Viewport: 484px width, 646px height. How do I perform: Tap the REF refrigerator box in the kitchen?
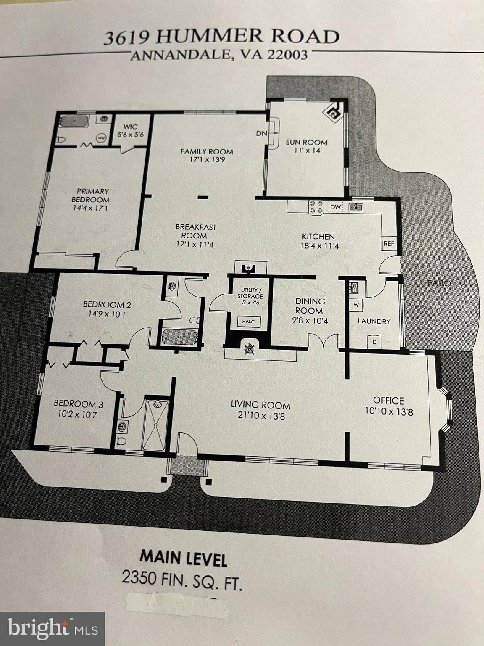pos(389,244)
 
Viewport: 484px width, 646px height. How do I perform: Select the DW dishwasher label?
pos(335,207)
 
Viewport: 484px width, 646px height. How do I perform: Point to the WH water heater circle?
pos(101,137)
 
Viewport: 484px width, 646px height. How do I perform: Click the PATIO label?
pos(439,283)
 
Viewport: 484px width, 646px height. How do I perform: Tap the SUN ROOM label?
pos(306,142)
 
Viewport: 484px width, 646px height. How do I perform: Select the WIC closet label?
pos(130,127)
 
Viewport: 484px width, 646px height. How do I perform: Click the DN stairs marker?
pos(261,133)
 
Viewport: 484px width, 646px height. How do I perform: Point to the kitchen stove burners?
pos(316,207)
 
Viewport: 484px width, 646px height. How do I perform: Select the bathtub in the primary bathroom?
pos(74,122)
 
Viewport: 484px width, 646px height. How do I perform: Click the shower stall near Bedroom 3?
pos(156,425)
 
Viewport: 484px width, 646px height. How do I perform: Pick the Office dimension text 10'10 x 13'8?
pos(389,411)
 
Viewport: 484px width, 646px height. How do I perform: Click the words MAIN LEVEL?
pos(183,558)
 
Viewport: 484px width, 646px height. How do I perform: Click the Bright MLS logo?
pos(53,628)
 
